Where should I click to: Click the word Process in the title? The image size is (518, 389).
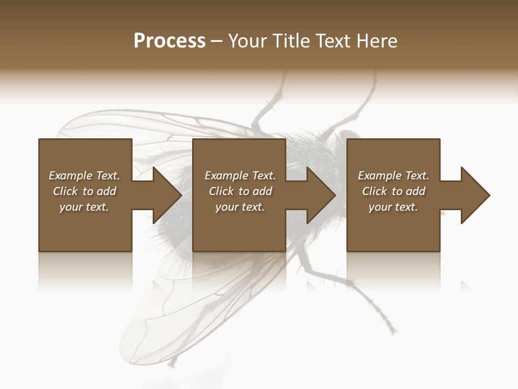pyautogui.click(x=169, y=41)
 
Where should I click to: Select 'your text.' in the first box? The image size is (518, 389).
pyautogui.click(x=84, y=207)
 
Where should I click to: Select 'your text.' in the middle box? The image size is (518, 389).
pyautogui.click(x=240, y=207)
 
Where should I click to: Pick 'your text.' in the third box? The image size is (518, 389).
pyautogui.click(x=393, y=207)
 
